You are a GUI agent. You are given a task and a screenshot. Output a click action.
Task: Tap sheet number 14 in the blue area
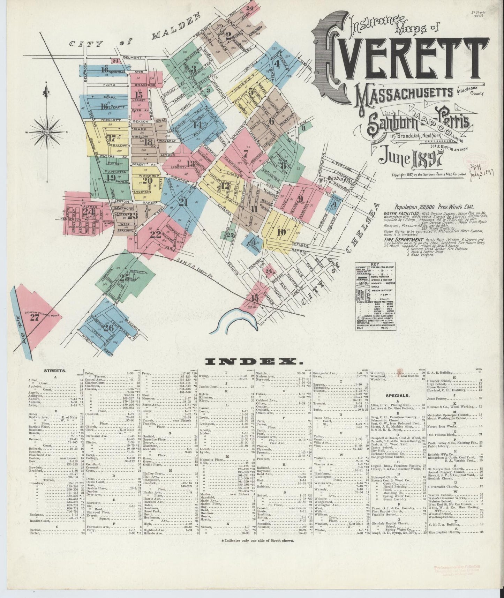pyautogui.click(x=198, y=124)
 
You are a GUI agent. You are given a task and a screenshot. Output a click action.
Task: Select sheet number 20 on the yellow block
pyautogui.click(x=148, y=180)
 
